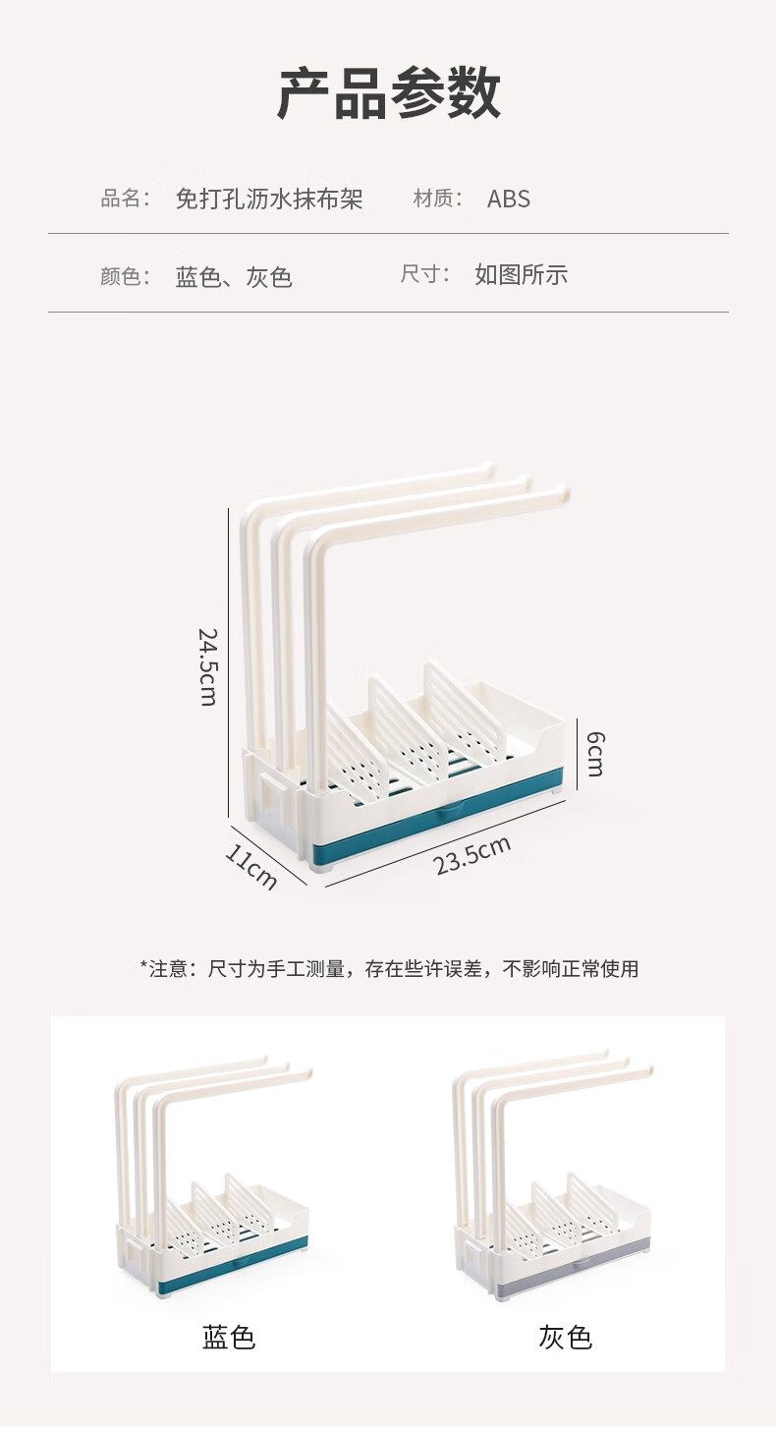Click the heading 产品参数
click(x=388, y=95)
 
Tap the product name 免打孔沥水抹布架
click(x=269, y=200)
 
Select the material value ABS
click(x=508, y=200)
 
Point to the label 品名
click(x=124, y=200)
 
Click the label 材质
click(x=437, y=200)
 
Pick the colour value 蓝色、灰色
click(x=234, y=277)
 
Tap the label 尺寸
click(x=424, y=275)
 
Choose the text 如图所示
click(x=521, y=275)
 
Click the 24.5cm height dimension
click(x=207, y=666)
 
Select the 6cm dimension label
click(x=594, y=754)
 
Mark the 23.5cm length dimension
click(x=472, y=855)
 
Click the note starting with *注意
click(x=389, y=969)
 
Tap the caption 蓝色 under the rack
click(x=229, y=1338)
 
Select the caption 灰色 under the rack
click(x=565, y=1338)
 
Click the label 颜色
click(x=124, y=277)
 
